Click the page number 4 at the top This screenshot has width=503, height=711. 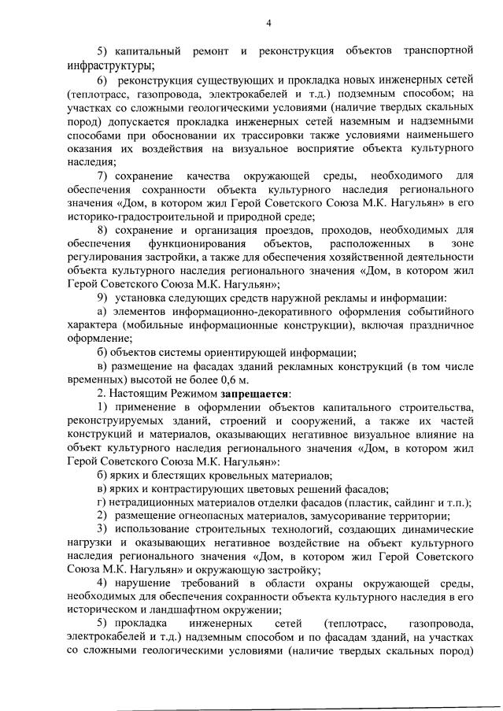pyautogui.click(x=268, y=23)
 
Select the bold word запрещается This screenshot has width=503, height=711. pyautogui.click(x=258, y=392)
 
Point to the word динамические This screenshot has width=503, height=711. pyautogui.click(x=429, y=528)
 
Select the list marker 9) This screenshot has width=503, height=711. pyautogui.click(x=102, y=297)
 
